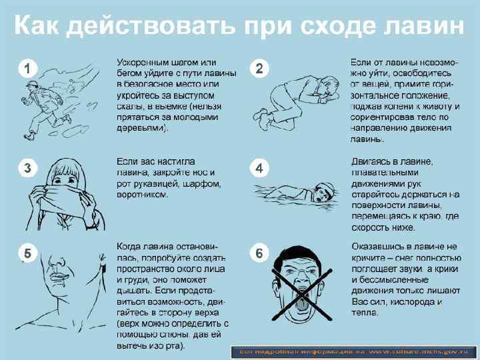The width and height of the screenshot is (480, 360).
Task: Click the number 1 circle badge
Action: click(27, 67)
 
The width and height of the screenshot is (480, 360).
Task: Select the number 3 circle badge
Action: click(27, 168)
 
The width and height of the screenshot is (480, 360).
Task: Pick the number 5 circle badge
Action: click(27, 253)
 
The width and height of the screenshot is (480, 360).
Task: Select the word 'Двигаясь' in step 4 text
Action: click(372, 162)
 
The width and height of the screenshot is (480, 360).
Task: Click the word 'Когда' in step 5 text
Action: click(130, 246)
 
